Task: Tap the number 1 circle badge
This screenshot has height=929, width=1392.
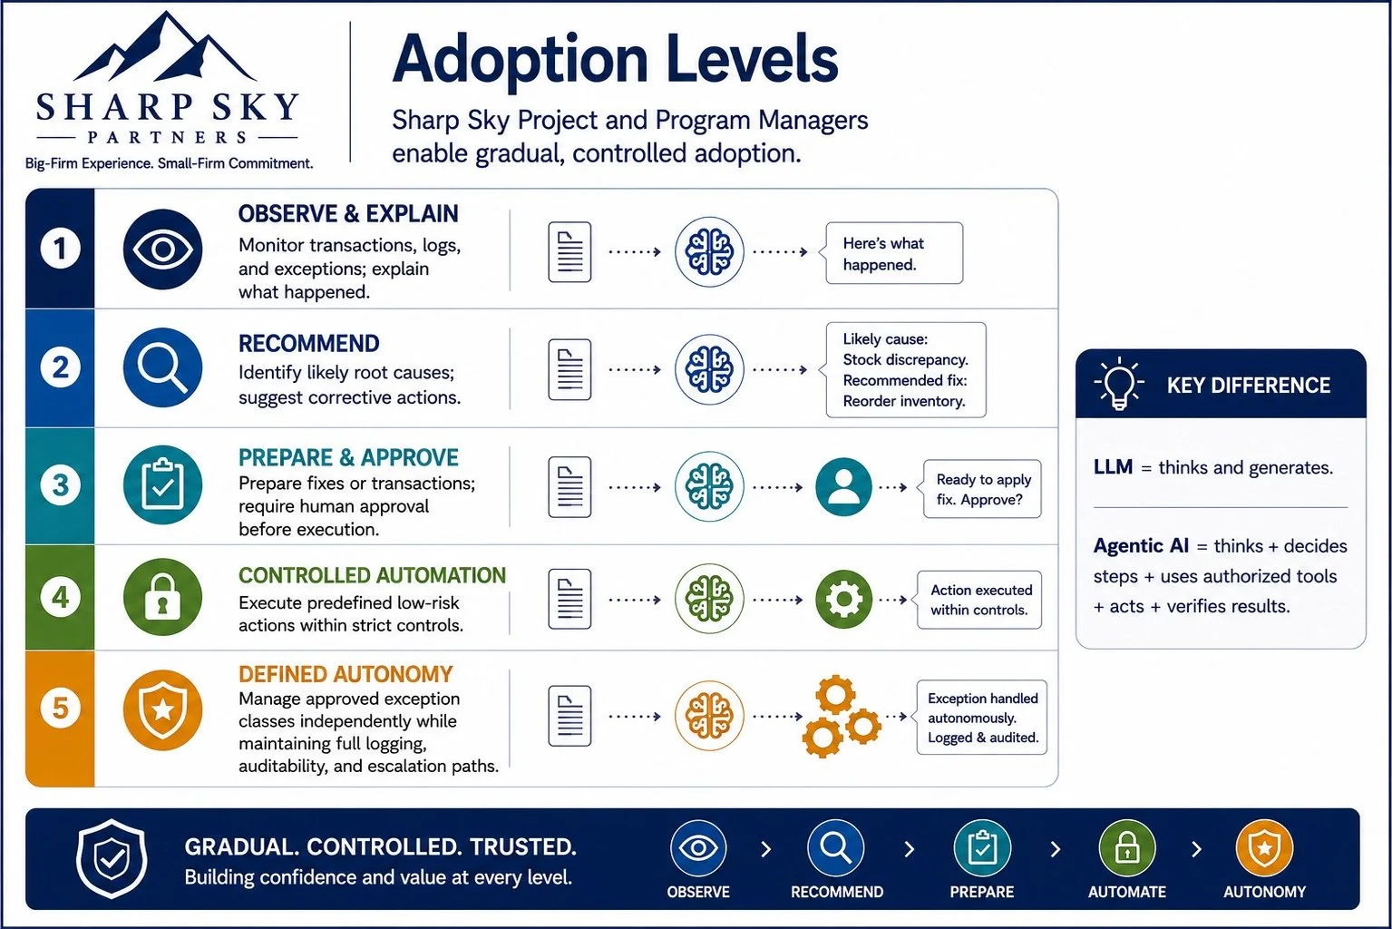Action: click(60, 249)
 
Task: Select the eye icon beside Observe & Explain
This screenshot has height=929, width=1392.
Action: click(163, 249)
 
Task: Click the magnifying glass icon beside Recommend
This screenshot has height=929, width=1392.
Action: click(163, 367)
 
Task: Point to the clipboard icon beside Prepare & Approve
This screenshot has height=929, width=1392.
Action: click(163, 485)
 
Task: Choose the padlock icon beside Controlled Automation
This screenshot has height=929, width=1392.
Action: click(163, 597)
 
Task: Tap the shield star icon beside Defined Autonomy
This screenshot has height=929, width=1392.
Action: click(163, 710)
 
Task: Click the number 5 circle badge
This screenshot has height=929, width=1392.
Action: click(60, 708)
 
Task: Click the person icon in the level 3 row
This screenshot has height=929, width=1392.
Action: click(843, 487)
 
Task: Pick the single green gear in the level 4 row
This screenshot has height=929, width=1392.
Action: click(843, 599)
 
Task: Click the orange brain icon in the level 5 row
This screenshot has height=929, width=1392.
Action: click(709, 715)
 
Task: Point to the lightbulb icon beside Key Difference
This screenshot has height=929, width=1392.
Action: click(1119, 383)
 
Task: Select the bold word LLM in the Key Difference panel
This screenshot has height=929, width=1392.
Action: click(1113, 467)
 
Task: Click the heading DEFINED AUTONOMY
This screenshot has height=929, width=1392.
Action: click(346, 674)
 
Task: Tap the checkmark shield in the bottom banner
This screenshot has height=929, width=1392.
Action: click(112, 859)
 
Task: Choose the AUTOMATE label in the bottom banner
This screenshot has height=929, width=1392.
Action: click(1126, 892)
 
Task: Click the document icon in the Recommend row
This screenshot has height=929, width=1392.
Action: click(569, 369)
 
